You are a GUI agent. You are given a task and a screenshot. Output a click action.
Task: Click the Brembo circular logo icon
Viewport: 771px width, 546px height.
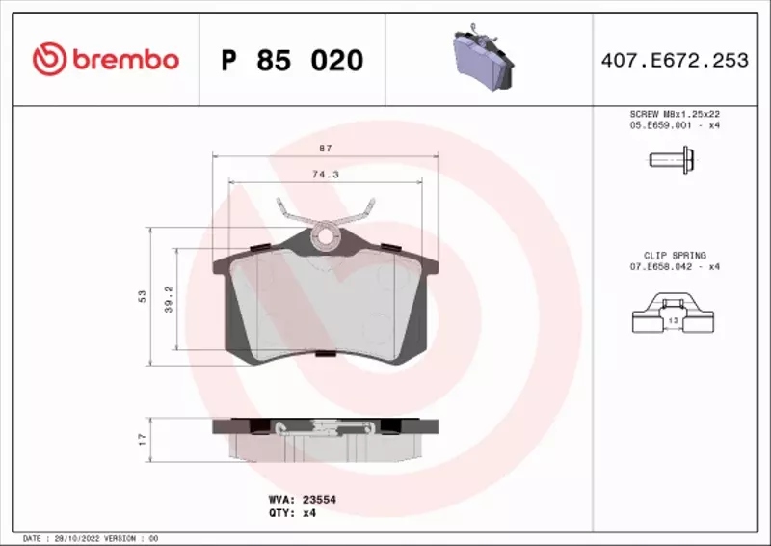click(x=48, y=60)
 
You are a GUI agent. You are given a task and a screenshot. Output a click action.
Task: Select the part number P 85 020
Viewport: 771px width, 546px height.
click(x=292, y=61)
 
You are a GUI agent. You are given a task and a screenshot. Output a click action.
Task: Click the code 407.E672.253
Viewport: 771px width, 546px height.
click(x=674, y=61)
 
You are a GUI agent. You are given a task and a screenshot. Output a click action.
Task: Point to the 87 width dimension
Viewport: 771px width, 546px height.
click(x=326, y=148)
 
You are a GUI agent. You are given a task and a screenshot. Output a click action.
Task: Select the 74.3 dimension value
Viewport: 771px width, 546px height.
click(x=325, y=175)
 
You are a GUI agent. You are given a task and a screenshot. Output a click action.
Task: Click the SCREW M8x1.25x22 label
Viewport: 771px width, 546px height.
click(x=675, y=114)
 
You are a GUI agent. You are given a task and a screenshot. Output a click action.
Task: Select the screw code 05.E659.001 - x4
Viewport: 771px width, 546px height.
click(x=675, y=125)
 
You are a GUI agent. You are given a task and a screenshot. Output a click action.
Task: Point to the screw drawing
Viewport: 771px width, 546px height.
click(x=668, y=161)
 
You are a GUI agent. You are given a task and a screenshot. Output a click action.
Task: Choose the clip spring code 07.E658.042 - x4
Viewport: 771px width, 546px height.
click(x=675, y=267)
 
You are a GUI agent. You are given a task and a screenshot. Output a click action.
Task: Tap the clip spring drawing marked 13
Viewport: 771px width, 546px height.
click(x=674, y=318)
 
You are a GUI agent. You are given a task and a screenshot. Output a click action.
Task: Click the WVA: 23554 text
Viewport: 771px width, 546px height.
click(x=301, y=500)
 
